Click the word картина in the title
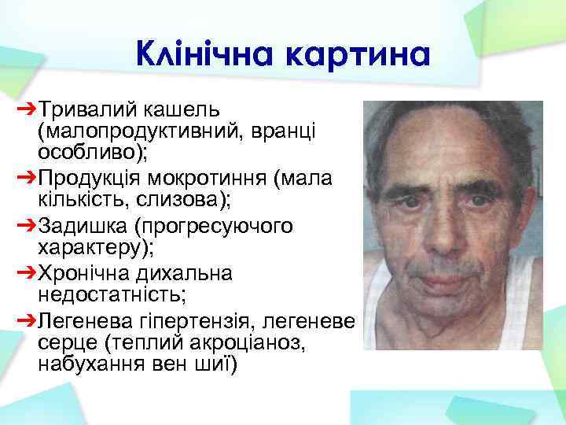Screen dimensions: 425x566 tap(360, 56)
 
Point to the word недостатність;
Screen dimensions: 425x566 tap(102, 294)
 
